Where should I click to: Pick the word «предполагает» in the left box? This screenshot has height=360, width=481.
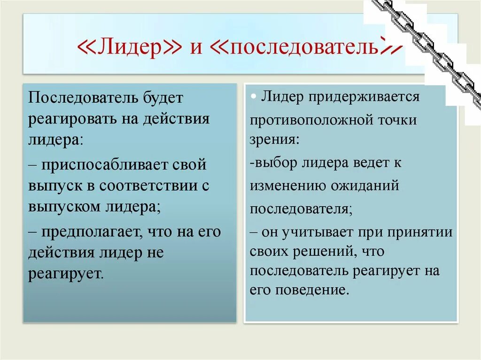tap(93, 232)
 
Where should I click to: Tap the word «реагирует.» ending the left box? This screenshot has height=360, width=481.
tap(65, 274)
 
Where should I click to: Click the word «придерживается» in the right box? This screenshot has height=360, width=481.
tap(363, 97)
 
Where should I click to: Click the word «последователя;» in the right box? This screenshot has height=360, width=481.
tap(301, 208)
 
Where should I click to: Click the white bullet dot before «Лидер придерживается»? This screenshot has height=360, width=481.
tap(253, 96)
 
